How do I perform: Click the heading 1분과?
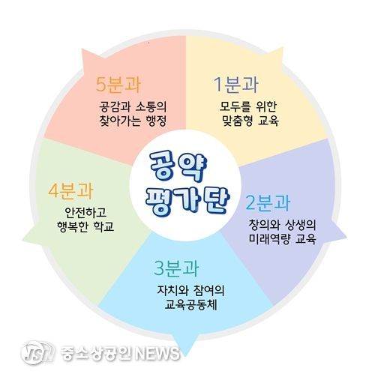coord(235,85)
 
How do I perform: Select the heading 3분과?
coord(176,268)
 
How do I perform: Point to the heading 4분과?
coord(70,190)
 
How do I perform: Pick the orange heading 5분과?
coord(118,84)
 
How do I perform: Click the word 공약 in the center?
coord(178,166)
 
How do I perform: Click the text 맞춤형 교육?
coord(250,121)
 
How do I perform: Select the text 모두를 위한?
coord(247,106)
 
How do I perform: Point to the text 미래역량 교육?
coord(283,239)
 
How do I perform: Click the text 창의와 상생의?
coord(283,225)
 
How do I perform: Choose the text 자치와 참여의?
coord(190,290)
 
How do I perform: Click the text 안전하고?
coord(85,212)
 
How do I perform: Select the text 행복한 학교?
coord(85,226)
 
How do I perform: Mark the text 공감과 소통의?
coord(133,106)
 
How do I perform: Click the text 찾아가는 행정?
coord(133,121)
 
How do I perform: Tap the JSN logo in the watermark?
coord(37,352)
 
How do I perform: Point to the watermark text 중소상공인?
coord(97,353)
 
